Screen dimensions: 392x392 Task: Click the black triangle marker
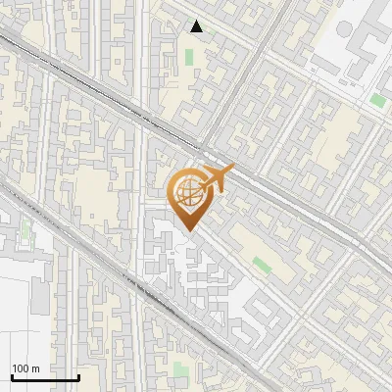[x=197, y=26]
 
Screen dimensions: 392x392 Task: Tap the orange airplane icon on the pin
[x=213, y=179]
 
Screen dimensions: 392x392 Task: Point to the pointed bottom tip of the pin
[x=188, y=231]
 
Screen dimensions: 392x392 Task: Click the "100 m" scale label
[x=25, y=367]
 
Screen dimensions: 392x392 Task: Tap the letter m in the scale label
[x=36, y=367]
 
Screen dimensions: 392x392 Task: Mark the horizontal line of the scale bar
[x=45, y=377]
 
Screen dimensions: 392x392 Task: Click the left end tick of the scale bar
[x=11, y=375]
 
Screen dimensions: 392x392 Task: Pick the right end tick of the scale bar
[x=78, y=375]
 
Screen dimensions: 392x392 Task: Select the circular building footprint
[x=344, y=30]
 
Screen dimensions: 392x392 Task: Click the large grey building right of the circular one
[x=370, y=49]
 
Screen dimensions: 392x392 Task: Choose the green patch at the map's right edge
[x=377, y=100]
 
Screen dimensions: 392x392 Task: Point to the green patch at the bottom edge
[x=181, y=372]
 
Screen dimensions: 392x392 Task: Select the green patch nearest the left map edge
[x=25, y=233]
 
